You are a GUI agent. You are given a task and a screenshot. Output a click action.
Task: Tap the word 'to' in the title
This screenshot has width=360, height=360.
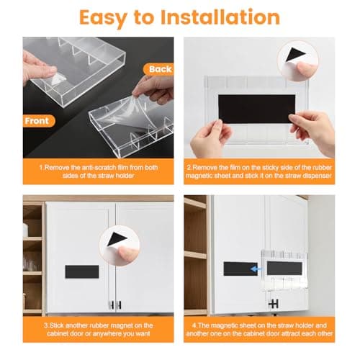[x=153, y=18]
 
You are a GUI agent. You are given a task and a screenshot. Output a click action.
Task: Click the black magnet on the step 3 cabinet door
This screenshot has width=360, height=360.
[x=81, y=273]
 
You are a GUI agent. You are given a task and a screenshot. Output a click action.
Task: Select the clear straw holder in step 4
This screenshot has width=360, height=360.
[x=287, y=268]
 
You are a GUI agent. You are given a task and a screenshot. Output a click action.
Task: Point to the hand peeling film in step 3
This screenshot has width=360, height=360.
[x=128, y=251]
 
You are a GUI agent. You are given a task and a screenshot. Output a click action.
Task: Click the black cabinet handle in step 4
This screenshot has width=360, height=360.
[x=273, y=305]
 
